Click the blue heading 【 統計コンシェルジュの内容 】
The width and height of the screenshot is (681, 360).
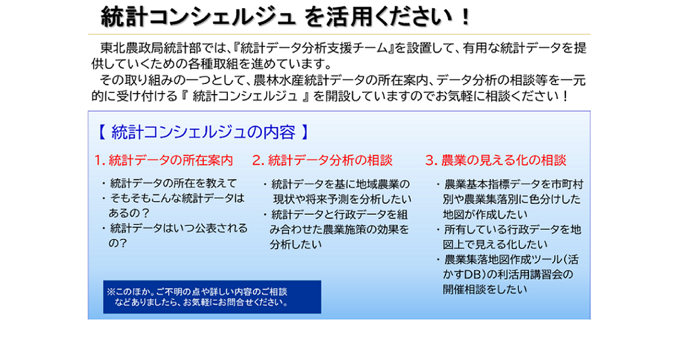[x=203, y=132]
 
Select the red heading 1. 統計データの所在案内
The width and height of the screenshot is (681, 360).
[x=163, y=160]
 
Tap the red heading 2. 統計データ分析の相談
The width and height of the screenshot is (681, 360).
[x=323, y=160]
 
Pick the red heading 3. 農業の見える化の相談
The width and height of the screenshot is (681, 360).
[x=496, y=160]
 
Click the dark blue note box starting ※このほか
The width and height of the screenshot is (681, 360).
[x=212, y=297]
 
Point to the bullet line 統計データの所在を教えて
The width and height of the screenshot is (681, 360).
[x=170, y=184]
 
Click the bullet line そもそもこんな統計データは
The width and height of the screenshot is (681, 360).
[x=174, y=198]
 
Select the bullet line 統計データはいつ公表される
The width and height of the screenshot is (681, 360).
[x=175, y=228]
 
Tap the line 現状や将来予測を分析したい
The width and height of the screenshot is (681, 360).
[x=342, y=200]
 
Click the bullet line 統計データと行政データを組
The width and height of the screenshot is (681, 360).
[x=335, y=215]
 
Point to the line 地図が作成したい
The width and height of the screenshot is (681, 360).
[x=485, y=215]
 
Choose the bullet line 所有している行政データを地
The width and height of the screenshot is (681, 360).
[x=509, y=229]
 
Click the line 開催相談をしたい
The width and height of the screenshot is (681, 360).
[x=485, y=289]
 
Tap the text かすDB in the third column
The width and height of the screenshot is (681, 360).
[x=461, y=275]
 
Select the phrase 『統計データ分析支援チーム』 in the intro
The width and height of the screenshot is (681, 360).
[x=314, y=48]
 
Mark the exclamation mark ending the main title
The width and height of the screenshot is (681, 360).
[x=466, y=18]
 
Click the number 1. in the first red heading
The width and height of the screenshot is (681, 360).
[x=100, y=160]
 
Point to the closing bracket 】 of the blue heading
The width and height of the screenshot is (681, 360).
[x=305, y=132]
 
